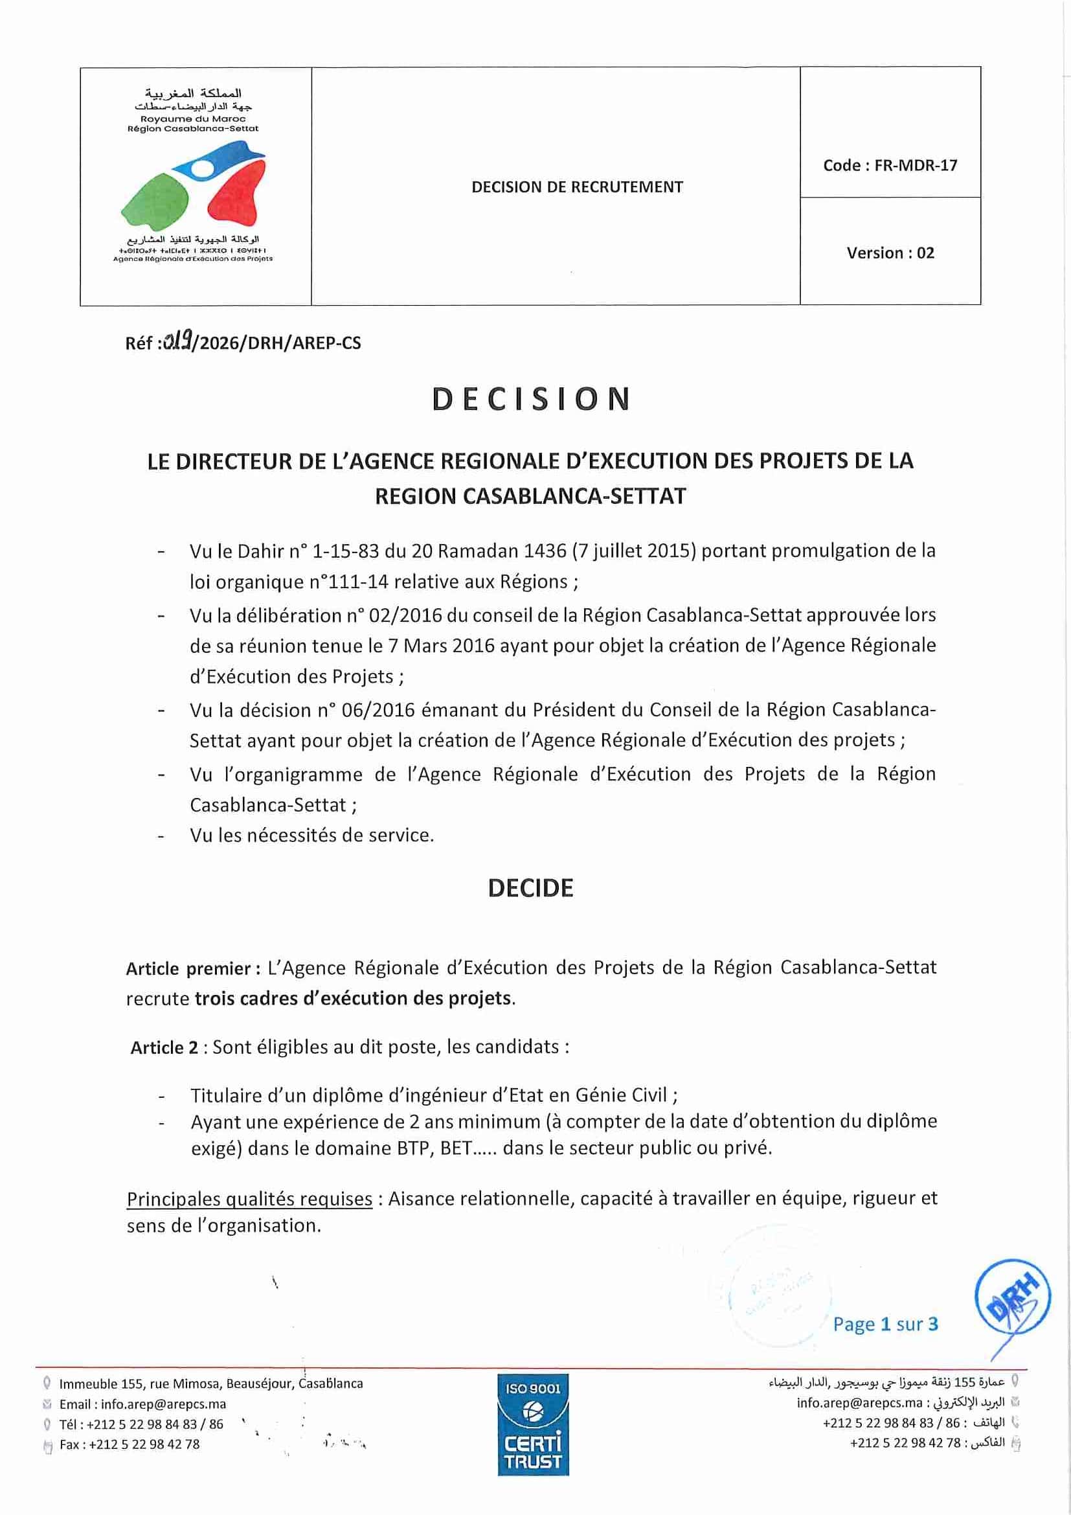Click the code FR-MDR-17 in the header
pyautogui.click(x=890, y=166)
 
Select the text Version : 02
pyautogui.click(x=890, y=253)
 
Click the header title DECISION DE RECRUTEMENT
pyautogui.click(x=577, y=187)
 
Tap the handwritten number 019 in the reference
pyautogui.click(x=177, y=341)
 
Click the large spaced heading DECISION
pyautogui.click(x=532, y=399)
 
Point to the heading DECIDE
pyautogui.click(x=530, y=888)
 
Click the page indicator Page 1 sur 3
pyautogui.click(x=885, y=1325)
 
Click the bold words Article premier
pyautogui.click(x=188, y=968)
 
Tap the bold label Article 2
pyautogui.click(x=164, y=1048)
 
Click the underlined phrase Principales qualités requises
pyautogui.click(x=249, y=1199)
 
